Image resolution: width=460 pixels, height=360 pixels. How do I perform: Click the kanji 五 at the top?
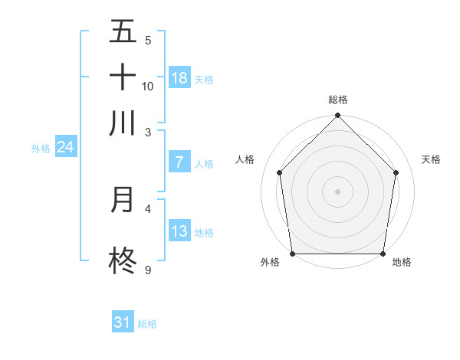pos(123,32)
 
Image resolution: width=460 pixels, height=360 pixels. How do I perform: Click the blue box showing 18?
pos(179,78)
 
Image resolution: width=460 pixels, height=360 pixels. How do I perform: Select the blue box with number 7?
pos(179,162)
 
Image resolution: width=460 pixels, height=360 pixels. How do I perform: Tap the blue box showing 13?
pos(179,231)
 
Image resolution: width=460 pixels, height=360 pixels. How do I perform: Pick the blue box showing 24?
pos(65,147)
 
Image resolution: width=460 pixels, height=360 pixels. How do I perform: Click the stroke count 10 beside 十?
pos(148,86)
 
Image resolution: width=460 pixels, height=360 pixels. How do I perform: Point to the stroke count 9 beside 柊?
pos(147,270)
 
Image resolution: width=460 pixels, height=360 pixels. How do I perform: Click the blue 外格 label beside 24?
pos(40,149)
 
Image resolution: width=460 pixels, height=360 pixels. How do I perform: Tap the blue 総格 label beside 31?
pos(147,324)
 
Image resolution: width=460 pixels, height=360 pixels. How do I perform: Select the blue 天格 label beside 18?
pos(204,80)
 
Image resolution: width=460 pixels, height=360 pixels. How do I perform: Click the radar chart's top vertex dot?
pos(338,116)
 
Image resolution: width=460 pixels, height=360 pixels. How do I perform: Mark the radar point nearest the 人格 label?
pos(280,172)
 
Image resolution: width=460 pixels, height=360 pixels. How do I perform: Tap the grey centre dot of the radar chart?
pos(338,191)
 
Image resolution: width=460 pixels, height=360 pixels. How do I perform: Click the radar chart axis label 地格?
pos(402,262)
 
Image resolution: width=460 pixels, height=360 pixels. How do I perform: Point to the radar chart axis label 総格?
pos(338,100)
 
